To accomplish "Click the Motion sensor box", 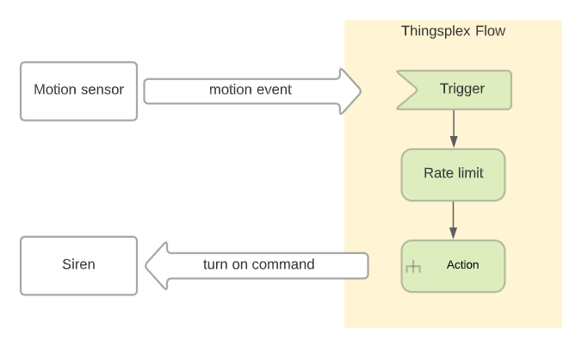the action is point(78,91).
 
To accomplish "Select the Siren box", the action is point(78,266).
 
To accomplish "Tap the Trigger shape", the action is point(454,90).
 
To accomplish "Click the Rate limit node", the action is point(454,175).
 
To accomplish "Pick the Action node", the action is point(454,266).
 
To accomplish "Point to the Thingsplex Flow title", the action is point(454,31).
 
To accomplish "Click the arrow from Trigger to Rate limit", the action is point(454,128).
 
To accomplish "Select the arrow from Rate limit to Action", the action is point(454,220).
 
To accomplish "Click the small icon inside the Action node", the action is point(413,266).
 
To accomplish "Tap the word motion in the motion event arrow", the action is point(230,90).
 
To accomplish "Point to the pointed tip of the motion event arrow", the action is point(361,91).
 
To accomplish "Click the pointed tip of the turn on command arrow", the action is point(145,265).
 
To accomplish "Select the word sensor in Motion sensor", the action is point(102,90).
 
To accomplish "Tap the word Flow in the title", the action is point(491,31).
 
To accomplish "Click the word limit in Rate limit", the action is point(468,173).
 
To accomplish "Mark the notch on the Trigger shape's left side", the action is point(417,90).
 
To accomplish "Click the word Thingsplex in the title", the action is point(436,31).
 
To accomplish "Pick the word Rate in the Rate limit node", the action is point(436,173).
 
